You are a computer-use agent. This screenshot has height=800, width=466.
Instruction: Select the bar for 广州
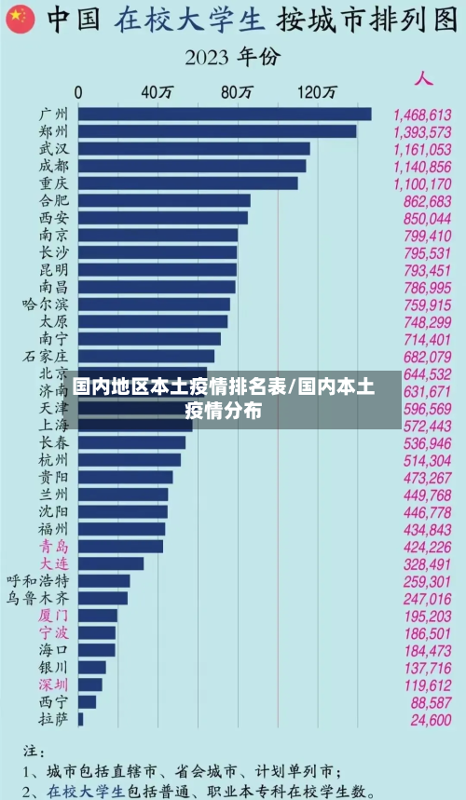[225, 114]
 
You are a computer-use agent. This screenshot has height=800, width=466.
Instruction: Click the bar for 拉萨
[81, 719]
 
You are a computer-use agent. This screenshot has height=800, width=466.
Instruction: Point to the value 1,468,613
[422, 114]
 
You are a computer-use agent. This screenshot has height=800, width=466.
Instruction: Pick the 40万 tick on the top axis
[156, 92]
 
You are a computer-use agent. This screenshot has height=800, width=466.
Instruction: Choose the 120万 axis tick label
[317, 92]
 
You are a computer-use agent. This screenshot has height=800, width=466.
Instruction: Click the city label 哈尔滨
[46, 305]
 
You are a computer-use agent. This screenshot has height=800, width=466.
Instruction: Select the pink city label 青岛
[53, 547]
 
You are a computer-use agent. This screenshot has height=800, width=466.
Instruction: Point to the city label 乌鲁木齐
[37, 598]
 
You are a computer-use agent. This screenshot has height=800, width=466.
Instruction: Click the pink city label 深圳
[53, 685]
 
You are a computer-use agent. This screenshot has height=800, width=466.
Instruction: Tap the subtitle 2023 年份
[232, 58]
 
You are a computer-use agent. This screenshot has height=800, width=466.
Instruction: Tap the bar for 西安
[163, 218]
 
